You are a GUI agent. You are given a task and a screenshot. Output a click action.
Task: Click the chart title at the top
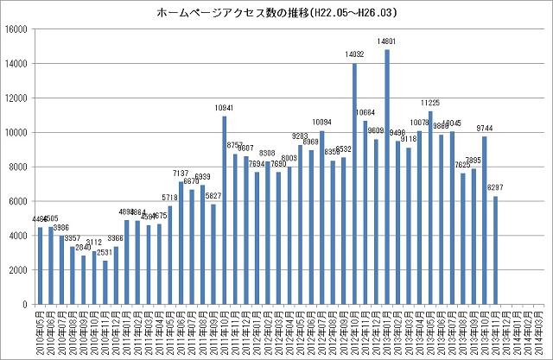coord(276,14)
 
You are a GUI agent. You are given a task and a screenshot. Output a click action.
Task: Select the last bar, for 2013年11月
coord(496,250)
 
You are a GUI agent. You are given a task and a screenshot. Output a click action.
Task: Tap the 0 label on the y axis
coord(28,305)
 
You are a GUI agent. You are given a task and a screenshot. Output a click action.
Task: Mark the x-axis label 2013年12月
coord(506,332)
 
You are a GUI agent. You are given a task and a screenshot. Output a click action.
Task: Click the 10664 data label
coord(365,113)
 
